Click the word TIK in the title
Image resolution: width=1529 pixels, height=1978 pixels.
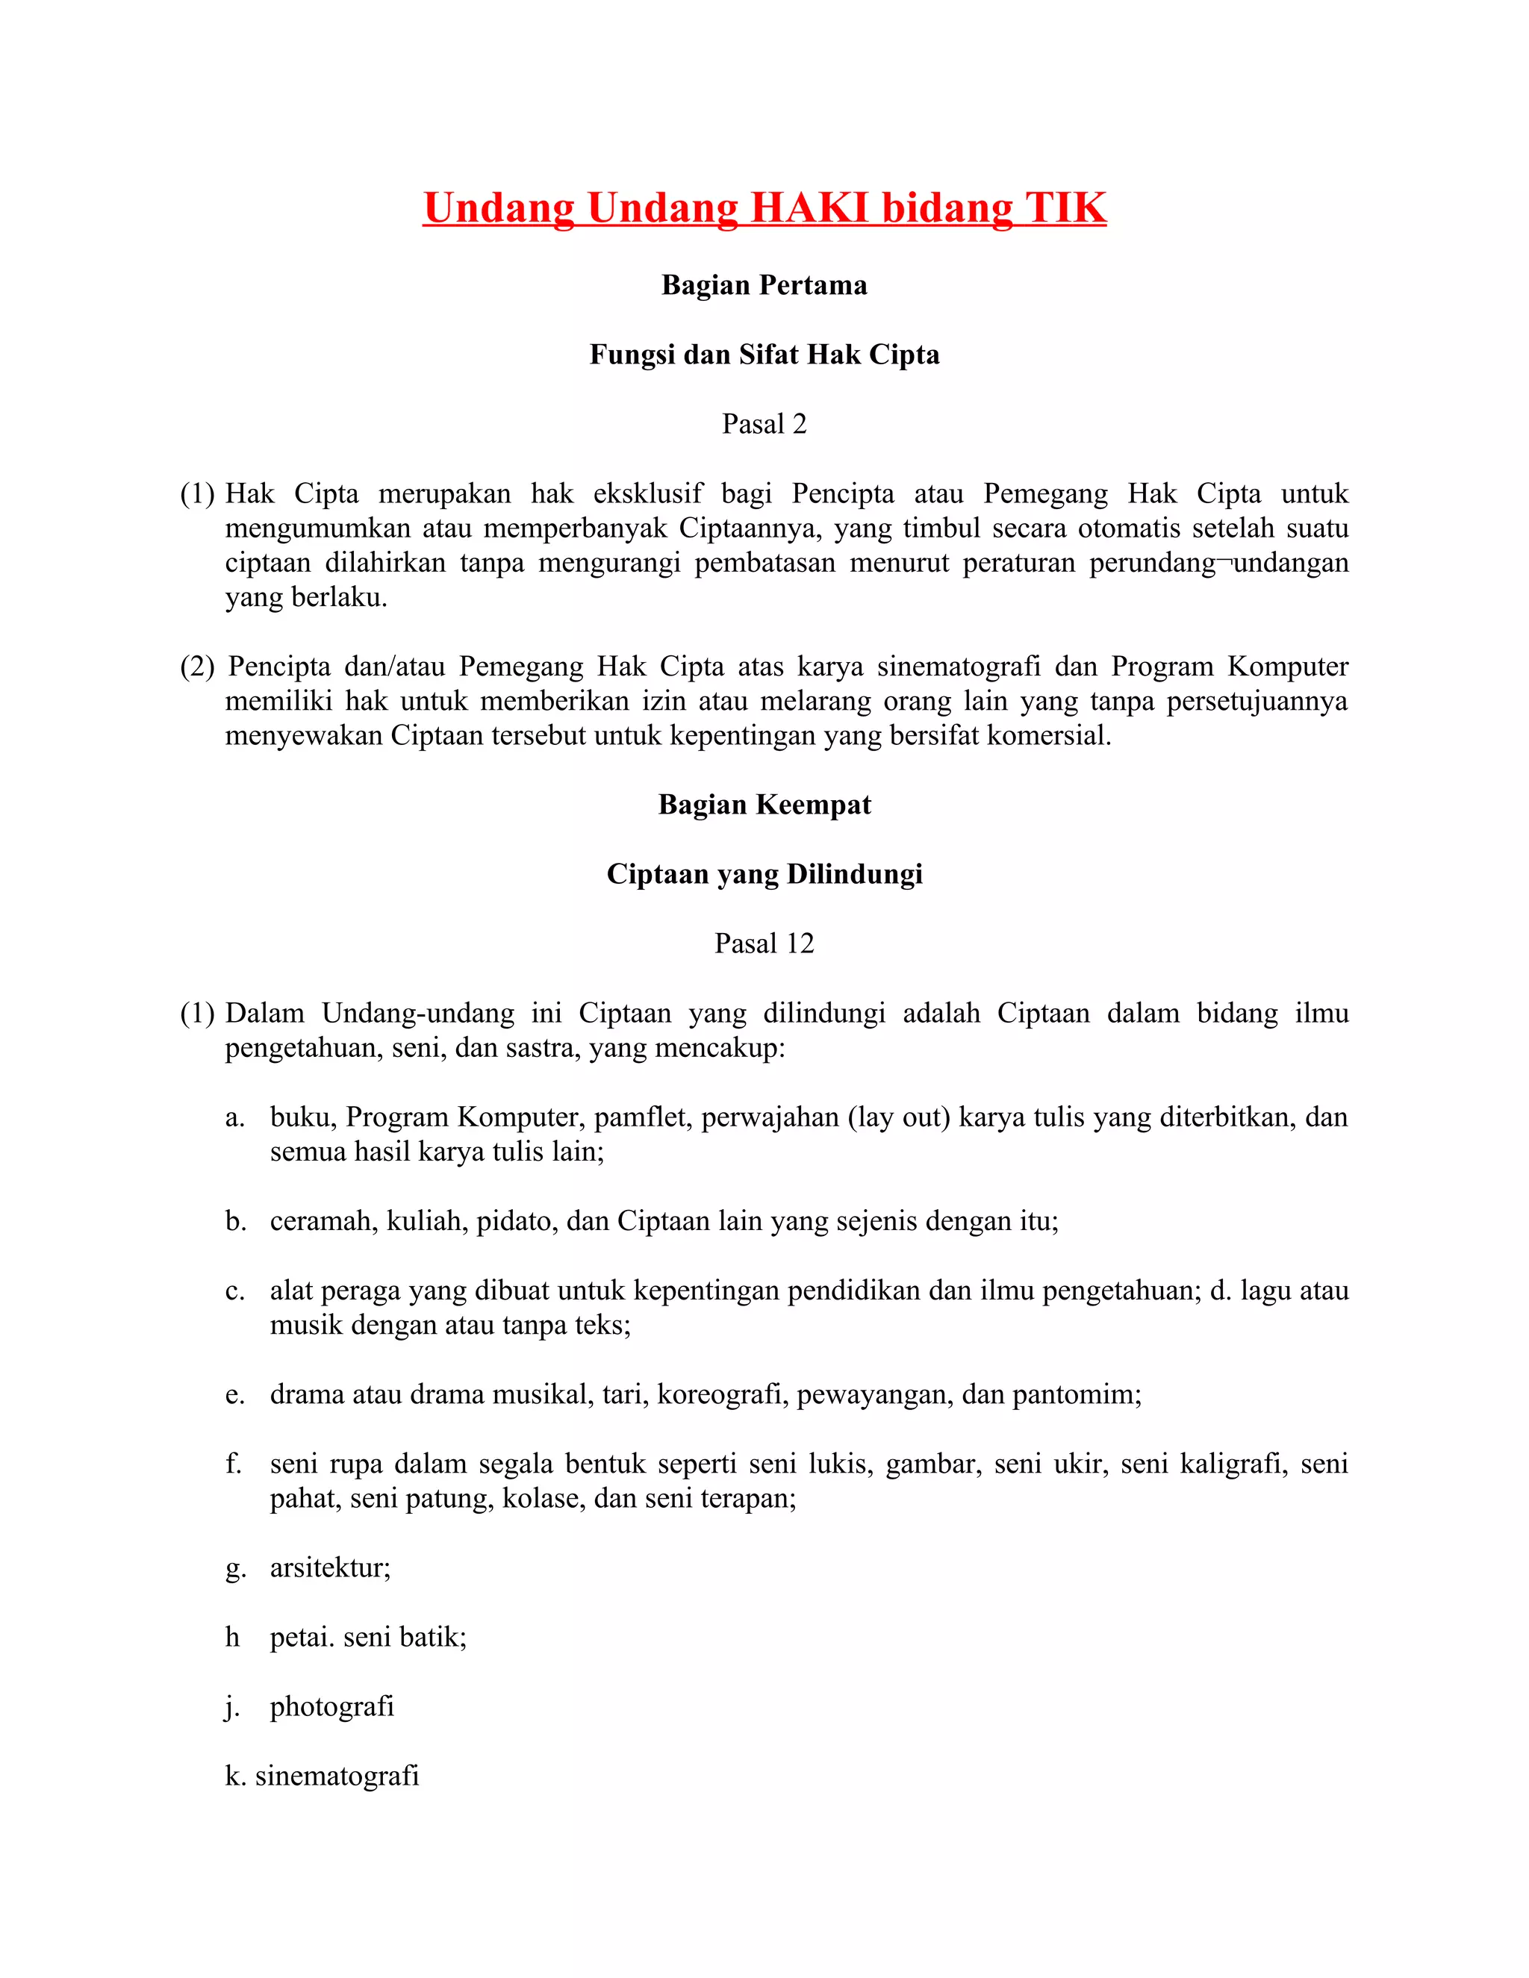(x=1065, y=208)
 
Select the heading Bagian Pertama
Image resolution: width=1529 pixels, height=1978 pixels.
(x=764, y=285)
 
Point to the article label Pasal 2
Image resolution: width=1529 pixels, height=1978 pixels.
(x=764, y=424)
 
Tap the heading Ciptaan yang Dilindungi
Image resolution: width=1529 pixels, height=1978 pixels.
(x=764, y=874)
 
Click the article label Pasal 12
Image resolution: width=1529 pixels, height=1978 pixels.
(x=764, y=943)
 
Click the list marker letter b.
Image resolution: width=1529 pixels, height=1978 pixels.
(x=235, y=1221)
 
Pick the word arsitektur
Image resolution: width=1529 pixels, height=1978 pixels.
(x=330, y=1567)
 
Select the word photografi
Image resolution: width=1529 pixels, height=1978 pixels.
(x=332, y=1706)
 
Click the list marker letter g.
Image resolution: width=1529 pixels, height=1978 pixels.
(x=235, y=1567)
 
